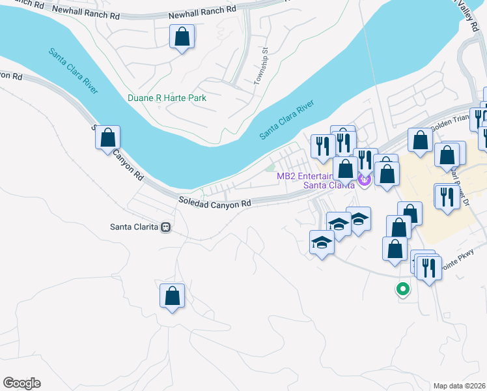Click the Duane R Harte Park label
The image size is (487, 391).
[x=167, y=98]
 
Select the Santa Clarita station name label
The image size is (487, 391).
[x=135, y=227]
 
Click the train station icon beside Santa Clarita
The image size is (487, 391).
[x=167, y=227]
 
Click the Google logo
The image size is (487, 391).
[x=21, y=383]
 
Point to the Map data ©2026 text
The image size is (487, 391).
[x=460, y=385]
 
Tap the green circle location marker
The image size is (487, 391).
[x=403, y=289]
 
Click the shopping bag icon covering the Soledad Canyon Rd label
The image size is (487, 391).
[x=108, y=138]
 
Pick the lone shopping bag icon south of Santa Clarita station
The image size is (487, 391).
[x=172, y=296]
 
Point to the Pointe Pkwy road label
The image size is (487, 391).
[x=455, y=259]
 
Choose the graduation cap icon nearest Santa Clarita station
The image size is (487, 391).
[x=321, y=243]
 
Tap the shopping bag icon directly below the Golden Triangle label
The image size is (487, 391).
[x=421, y=140]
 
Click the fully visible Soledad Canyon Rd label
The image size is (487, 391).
[x=215, y=203]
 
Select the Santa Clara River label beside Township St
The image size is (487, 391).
[x=286, y=119]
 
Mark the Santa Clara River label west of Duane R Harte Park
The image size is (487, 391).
[x=72, y=70]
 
